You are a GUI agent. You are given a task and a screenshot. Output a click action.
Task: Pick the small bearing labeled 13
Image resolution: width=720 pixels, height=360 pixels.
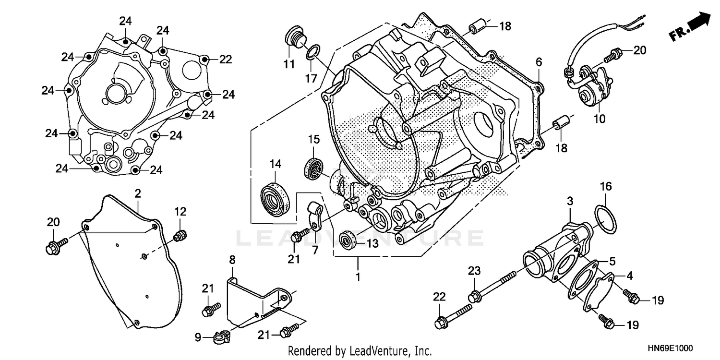[348, 240]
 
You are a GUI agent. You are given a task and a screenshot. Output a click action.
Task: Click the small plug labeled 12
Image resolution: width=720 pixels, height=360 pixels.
[180, 236]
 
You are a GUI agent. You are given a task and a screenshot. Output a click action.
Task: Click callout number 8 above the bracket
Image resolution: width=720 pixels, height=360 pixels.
[232, 260]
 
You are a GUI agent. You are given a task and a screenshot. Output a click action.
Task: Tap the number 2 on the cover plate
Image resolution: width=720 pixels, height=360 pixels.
[138, 194]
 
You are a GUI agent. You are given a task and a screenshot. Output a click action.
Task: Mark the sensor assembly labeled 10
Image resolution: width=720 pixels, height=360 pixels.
[593, 86]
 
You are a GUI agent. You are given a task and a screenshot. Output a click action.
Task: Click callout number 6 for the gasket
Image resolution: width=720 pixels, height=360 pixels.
[539, 61]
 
